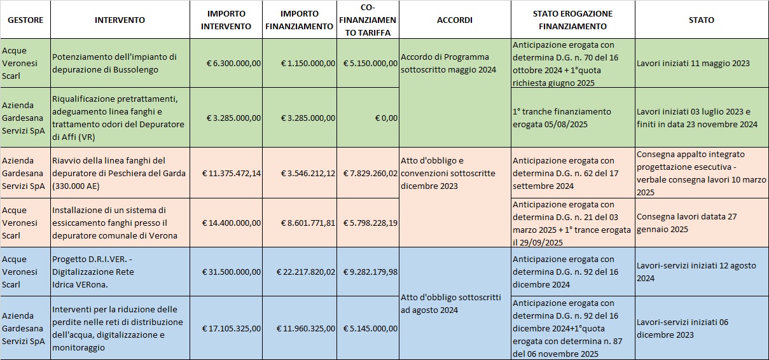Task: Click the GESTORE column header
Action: [25, 20]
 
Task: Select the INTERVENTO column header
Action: [120, 20]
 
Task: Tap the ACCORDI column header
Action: [455, 20]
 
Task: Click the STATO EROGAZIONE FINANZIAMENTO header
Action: [572, 20]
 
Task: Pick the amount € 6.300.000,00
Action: [233, 64]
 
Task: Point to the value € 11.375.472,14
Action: [232, 173]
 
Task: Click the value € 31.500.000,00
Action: [232, 272]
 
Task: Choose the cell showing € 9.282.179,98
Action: [370, 272]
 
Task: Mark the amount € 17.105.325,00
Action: [232, 329]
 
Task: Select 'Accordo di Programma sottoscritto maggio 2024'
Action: [448, 64]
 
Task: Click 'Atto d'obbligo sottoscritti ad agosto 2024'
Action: [451, 303]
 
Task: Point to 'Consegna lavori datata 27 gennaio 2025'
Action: [687, 223]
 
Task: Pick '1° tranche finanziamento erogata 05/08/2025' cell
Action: [562, 118]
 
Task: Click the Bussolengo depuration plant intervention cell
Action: [114, 64]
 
